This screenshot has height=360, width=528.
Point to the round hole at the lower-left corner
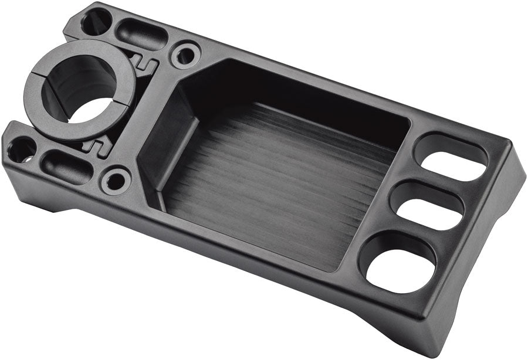21,150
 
